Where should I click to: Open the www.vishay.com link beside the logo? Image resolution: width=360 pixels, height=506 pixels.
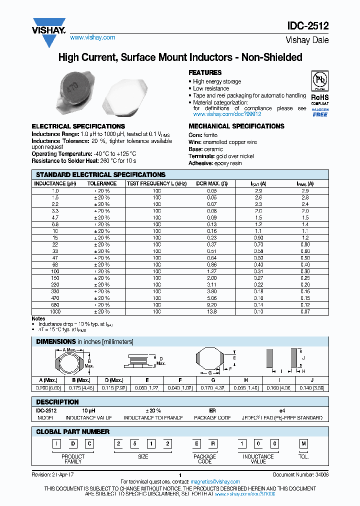coord(92,37)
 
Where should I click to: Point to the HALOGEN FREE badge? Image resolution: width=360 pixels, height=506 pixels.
coord(320,112)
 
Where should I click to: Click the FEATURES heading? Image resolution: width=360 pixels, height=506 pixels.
coord(205,72)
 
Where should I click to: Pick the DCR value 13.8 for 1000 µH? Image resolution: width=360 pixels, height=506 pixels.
coord(212,311)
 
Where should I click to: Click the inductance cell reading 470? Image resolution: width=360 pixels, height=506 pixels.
coord(55,298)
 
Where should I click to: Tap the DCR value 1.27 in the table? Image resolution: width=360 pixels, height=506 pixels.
coord(212,271)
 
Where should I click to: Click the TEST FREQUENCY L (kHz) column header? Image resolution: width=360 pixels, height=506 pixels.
coord(156,183)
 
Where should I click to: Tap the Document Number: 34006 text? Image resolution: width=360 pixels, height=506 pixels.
coord(300,474)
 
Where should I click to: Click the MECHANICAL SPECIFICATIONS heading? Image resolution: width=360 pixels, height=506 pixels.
coord(236,126)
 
